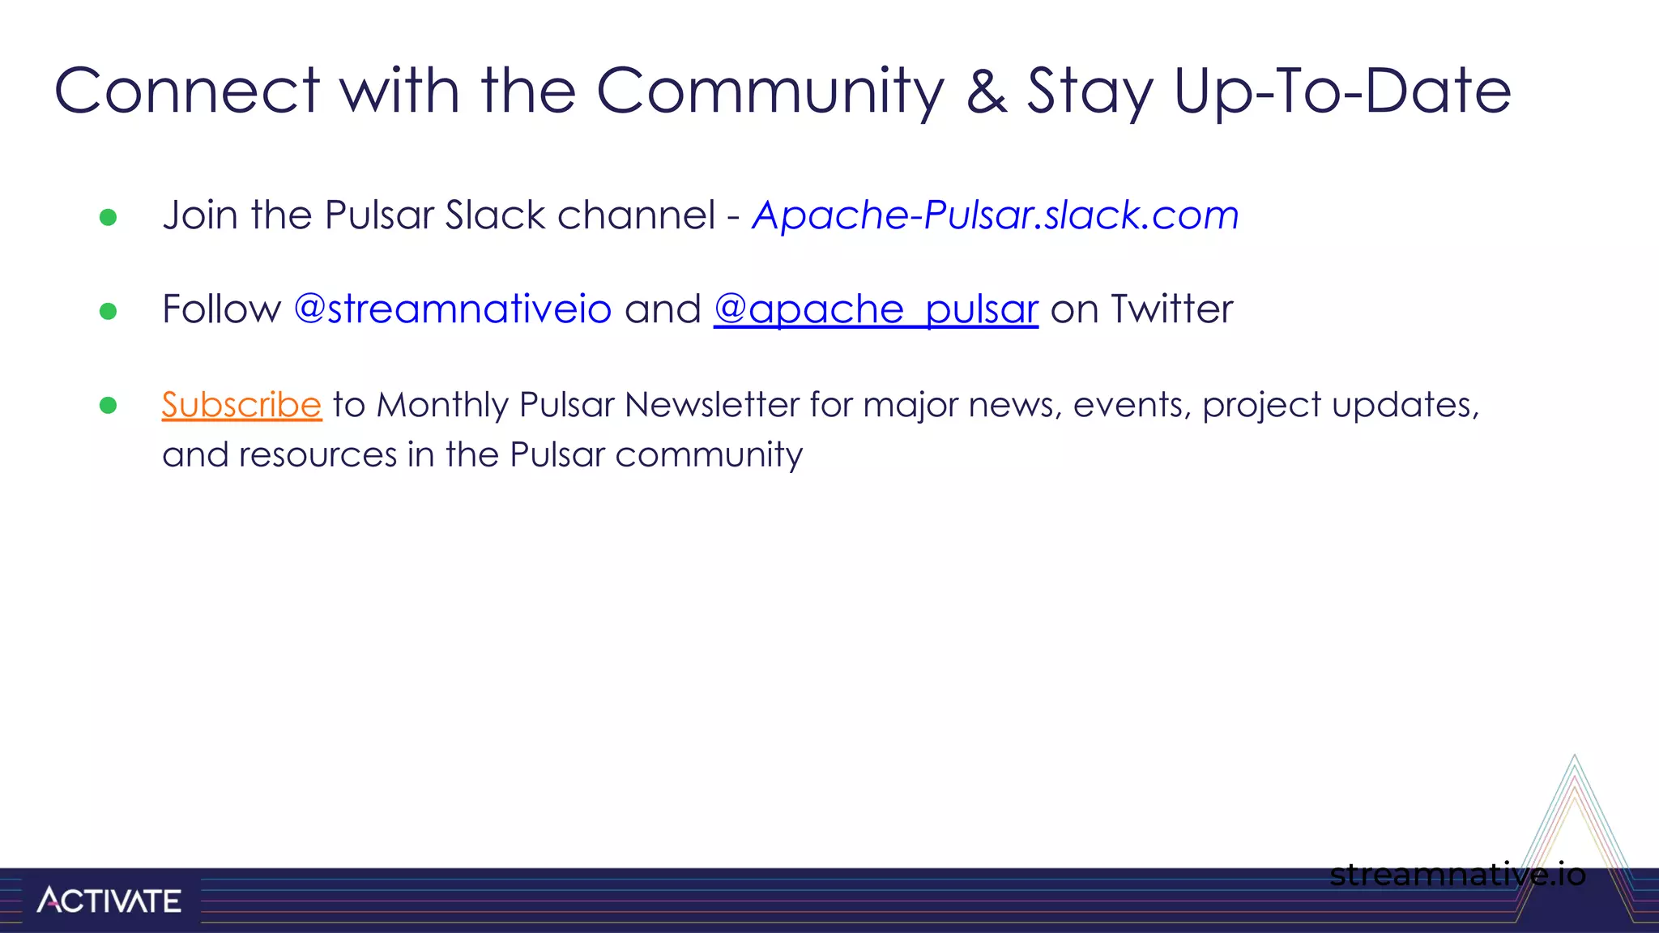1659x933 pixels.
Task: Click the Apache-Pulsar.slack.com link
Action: point(996,215)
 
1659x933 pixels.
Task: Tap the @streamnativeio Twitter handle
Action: point(452,309)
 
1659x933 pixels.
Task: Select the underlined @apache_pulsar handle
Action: point(876,309)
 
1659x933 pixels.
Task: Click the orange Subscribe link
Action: point(241,405)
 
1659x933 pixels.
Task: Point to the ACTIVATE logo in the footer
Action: point(109,900)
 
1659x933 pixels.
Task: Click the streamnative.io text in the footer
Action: point(1457,875)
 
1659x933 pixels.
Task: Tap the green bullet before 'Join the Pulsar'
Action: point(108,217)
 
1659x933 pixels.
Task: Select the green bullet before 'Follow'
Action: point(108,311)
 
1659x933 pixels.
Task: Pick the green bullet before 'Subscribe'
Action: point(108,405)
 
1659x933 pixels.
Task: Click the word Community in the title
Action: point(770,91)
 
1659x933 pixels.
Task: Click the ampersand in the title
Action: point(987,91)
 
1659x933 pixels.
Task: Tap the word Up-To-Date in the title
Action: point(1342,91)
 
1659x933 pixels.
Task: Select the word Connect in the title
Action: point(187,91)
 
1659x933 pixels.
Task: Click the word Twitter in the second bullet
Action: point(1171,309)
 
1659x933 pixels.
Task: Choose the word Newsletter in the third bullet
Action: point(712,405)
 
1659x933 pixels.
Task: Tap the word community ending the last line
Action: point(709,455)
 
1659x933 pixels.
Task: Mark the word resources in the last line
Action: point(318,455)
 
